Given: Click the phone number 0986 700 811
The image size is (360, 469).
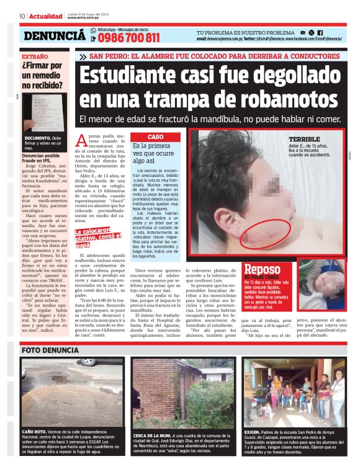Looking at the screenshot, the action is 128,38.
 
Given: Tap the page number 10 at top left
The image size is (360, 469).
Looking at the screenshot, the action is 22,16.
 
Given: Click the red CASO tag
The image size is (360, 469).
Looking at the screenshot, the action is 156,136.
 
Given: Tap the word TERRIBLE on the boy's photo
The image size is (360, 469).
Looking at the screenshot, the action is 304,139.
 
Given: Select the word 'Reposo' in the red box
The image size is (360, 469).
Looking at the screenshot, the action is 263,269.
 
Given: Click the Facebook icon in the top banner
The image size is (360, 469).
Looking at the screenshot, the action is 320,32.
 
